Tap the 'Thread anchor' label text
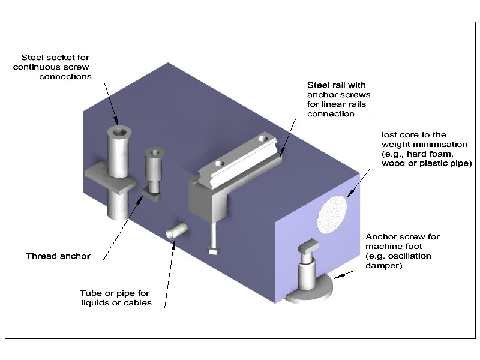(58, 256)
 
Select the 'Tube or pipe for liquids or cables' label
(115, 298)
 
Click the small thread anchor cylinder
(153, 168)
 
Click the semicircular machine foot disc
(313, 292)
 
